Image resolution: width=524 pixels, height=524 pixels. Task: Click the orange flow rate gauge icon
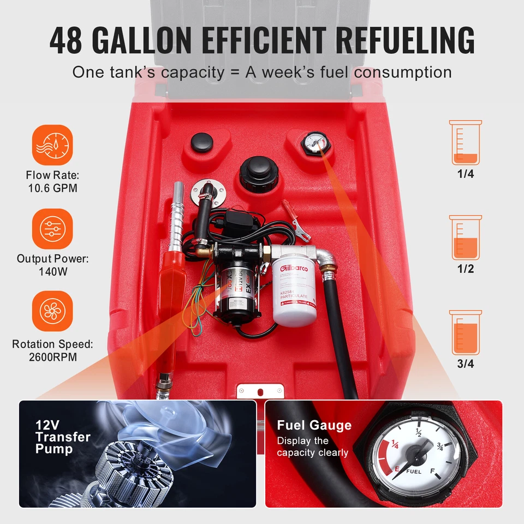click(x=52, y=145)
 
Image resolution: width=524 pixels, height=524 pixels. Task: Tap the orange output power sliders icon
click(x=52, y=229)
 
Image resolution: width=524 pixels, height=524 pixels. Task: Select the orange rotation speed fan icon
click(x=52, y=311)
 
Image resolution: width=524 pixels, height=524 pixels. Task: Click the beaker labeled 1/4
click(x=466, y=143)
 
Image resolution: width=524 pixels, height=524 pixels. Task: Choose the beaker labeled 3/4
click(x=466, y=332)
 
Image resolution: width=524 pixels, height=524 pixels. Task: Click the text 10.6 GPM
click(x=52, y=188)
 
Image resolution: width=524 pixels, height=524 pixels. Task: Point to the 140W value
click(x=52, y=271)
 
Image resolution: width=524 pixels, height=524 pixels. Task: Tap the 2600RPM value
click(x=52, y=357)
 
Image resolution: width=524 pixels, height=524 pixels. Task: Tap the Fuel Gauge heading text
click(x=314, y=426)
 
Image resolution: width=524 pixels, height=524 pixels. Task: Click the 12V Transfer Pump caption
click(x=63, y=437)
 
